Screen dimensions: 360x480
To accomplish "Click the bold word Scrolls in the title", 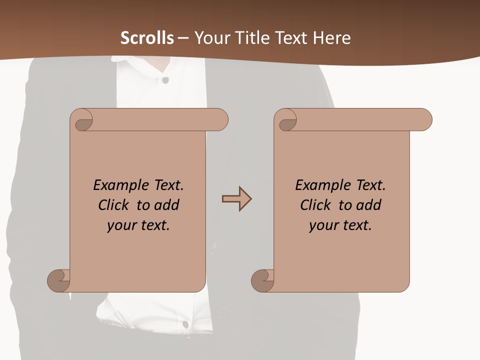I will [147, 38].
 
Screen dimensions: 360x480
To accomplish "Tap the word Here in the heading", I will [332, 38].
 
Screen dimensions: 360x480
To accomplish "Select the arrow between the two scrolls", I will [236, 199].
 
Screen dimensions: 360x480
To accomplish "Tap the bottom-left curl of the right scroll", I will [262, 280].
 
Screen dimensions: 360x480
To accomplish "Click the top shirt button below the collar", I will [165, 80].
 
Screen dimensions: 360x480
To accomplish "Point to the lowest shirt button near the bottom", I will [185, 324].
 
